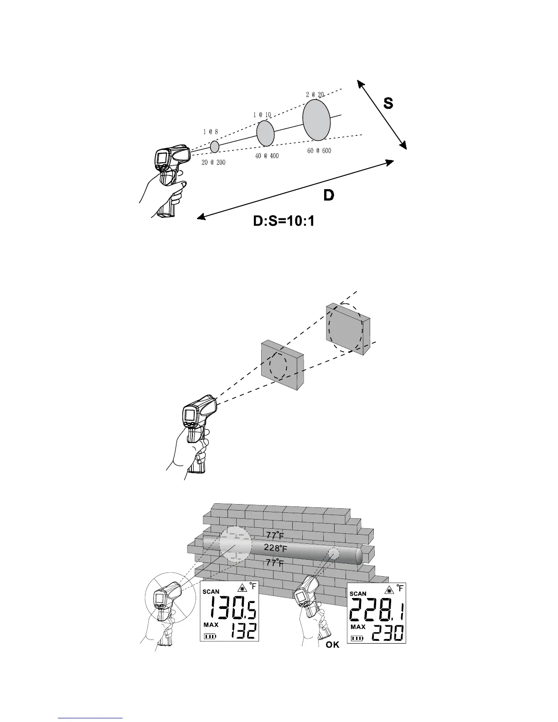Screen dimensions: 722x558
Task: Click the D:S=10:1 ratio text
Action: coord(284,222)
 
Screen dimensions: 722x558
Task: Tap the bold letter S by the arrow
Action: coord(387,103)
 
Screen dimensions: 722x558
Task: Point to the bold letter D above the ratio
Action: coord(328,196)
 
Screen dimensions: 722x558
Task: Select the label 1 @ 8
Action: coord(210,132)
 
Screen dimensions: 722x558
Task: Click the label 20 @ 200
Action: coord(213,162)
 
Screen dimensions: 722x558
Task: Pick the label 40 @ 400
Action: coord(267,156)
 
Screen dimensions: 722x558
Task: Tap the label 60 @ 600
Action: coord(319,151)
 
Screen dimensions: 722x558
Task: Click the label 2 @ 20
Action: coord(315,94)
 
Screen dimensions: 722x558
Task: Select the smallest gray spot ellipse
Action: coord(214,146)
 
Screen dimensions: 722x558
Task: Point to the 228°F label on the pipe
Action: coord(275,547)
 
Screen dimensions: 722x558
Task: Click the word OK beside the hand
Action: coord(333,645)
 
